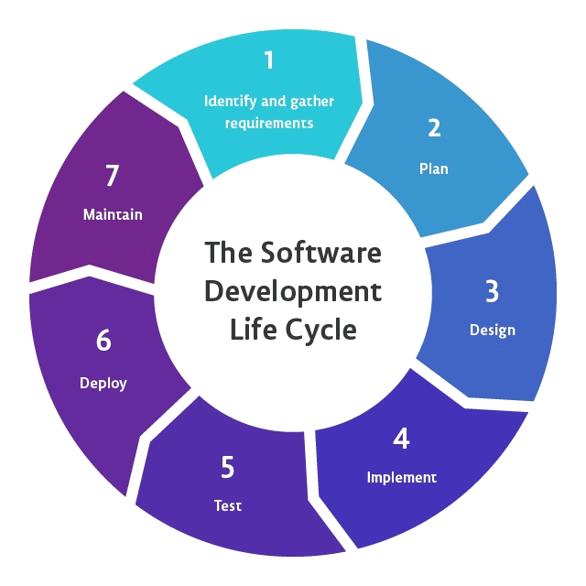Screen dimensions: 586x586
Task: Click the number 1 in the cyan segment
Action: (x=268, y=60)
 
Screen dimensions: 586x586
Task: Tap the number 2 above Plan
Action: (x=434, y=128)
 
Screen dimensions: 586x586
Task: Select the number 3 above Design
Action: (x=492, y=291)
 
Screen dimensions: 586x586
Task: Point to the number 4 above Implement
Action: (x=401, y=439)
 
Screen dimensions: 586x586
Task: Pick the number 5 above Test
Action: (x=228, y=468)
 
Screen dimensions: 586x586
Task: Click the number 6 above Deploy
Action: (x=103, y=341)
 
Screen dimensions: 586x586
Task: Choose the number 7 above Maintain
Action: (x=113, y=176)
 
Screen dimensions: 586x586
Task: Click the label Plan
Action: (x=434, y=168)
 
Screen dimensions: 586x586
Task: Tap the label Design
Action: (x=493, y=330)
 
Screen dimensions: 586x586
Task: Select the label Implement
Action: (x=402, y=477)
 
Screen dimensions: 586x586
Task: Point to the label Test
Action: (x=228, y=505)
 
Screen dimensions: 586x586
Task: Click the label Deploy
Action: (x=103, y=383)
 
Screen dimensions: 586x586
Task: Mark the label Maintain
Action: (x=113, y=215)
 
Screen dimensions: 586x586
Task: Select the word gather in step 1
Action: (x=311, y=101)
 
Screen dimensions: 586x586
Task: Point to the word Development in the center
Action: (x=293, y=291)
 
